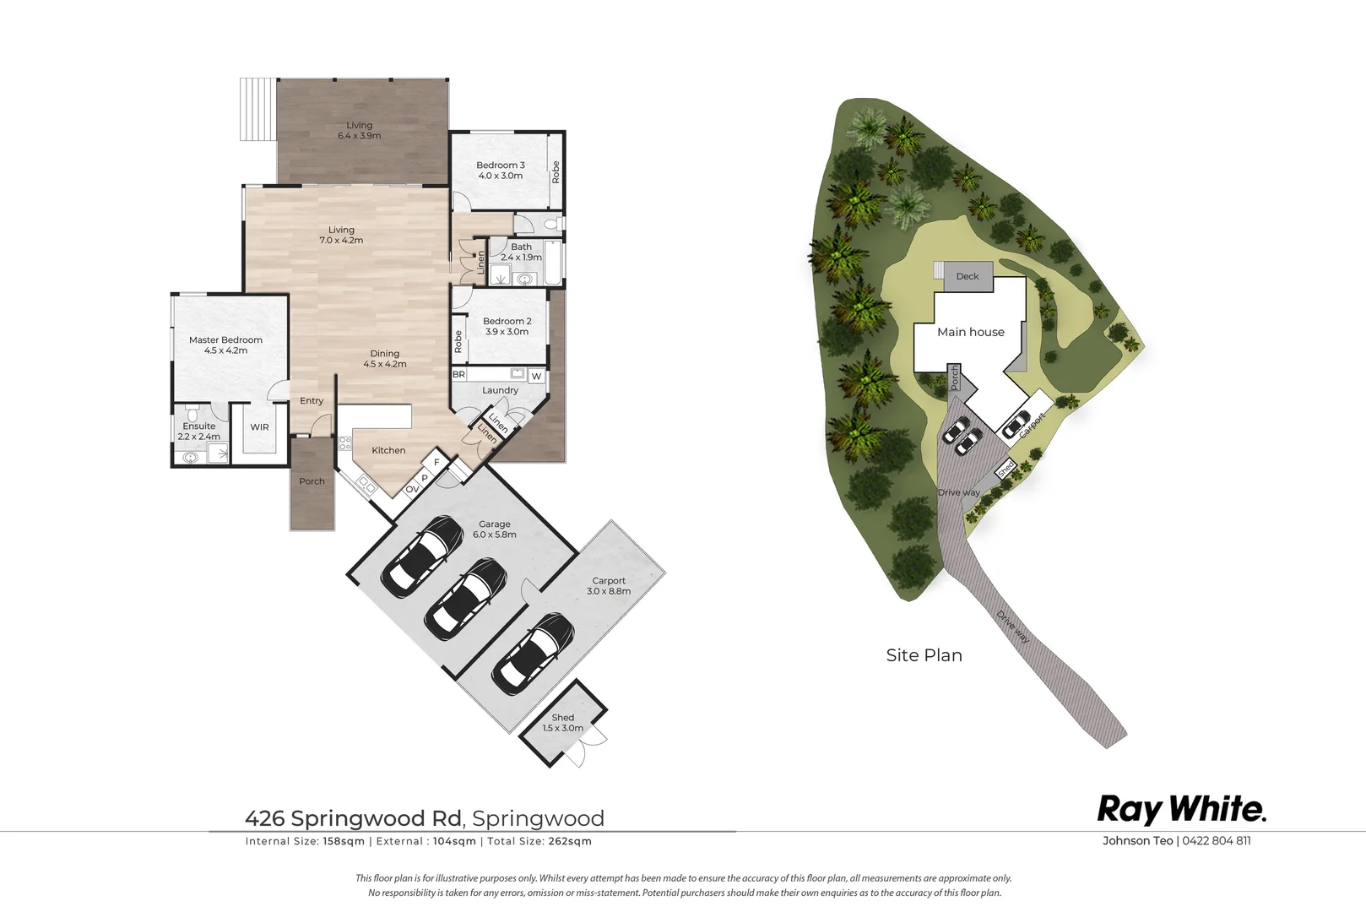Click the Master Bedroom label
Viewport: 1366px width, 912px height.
225,345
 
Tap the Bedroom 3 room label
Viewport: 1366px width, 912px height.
500,171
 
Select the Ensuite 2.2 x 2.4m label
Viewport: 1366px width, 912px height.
198,432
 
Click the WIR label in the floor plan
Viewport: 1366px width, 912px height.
259,427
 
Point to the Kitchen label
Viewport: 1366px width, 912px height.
388,450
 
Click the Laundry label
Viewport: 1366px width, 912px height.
500,390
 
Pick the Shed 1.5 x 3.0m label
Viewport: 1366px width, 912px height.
563,723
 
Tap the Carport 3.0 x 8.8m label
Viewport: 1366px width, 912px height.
609,586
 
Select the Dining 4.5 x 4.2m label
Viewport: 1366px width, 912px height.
385,359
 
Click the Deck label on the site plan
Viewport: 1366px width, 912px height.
968,276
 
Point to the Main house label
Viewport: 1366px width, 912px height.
971,332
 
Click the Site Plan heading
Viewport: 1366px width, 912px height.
924,655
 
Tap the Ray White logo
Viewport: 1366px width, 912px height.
1181,810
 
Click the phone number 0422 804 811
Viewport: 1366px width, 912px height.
1217,840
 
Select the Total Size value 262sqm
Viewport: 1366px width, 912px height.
570,841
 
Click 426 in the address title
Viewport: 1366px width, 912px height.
265,818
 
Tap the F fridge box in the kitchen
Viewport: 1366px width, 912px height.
436,463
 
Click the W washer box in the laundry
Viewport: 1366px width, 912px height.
537,376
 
